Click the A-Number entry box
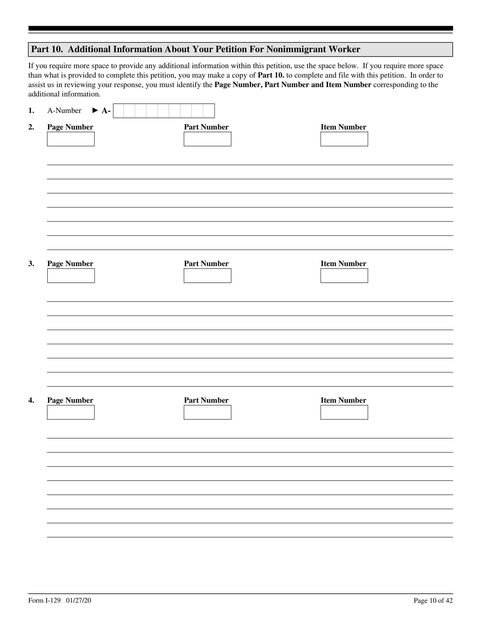pyautogui.click(x=164, y=111)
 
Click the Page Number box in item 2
pyautogui.click(x=71, y=139)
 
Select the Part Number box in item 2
pyautogui.click(x=207, y=139)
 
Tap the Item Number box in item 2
pyautogui.click(x=344, y=139)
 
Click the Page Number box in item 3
pyautogui.click(x=71, y=276)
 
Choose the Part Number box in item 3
pyautogui.click(x=207, y=276)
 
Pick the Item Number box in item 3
pyautogui.click(x=344, y=276)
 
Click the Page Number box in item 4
pyautogui.click(x=71, y=412)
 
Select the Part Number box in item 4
pyautogui.click(x=207, y=412)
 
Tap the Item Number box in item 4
pyautogui.click(x=344, y=412)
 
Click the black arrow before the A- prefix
pyautogui.click(x=95, y=111)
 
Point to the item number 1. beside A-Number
pyautogui.click(x=31, y=111)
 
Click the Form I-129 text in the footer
pyautogui.click(x=44, y=600)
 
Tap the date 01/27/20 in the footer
pyautogui.click(x=79, y=600)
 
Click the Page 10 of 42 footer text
pyautogui.click(x=433, y=601)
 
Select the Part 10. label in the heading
pyautogui.click(x=47, y=49)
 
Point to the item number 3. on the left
pyautogui.click(x=31, y=264)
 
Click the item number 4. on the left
pyautogui.click(x=31, y=400)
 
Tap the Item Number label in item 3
pyautogui.click(x=343, y=264)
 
